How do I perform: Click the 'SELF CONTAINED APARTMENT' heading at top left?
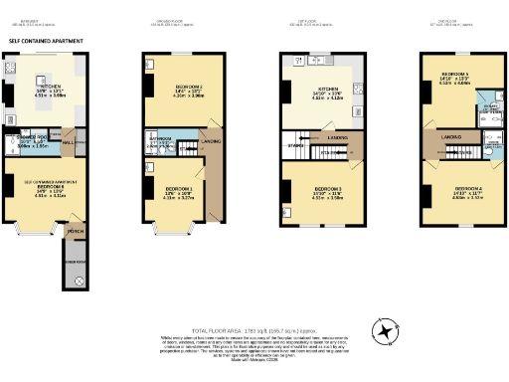click(42, 41)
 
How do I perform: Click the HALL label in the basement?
click(70, 142)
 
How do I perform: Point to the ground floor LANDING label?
click(211, 141)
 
